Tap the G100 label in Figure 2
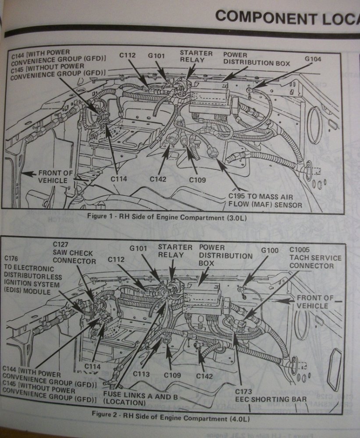click(x=270, y=250)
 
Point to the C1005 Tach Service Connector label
click(x=315, y=258)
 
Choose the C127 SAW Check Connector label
click(x=74, y=253)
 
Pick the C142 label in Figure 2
click(x=204, y=376)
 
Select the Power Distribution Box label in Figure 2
click(x=225, y=255)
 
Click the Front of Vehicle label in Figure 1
click(x=56, y=177)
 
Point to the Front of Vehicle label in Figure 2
click(x=314, y=301)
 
